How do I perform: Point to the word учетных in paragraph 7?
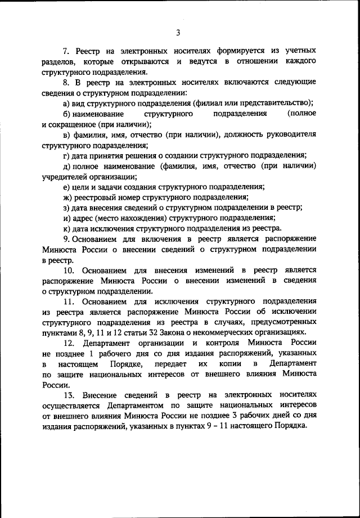298,51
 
